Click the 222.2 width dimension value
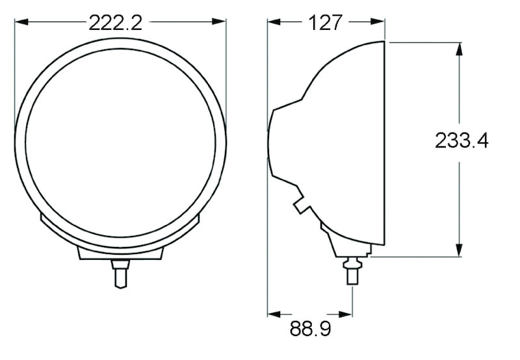(x=115, y=23)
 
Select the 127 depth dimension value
(x=325, y=23)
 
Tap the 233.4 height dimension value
(x=461, y=140)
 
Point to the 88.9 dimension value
(x=310, y=329)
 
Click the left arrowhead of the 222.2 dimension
(x=19, y=22)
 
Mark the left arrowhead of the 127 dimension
(x=273, y=22)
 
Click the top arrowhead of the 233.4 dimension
(x=460, y=49)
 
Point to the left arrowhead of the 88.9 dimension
(x=273, y=313)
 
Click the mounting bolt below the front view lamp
(x=120, y=272)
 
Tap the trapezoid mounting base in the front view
(x=120, y=253)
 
